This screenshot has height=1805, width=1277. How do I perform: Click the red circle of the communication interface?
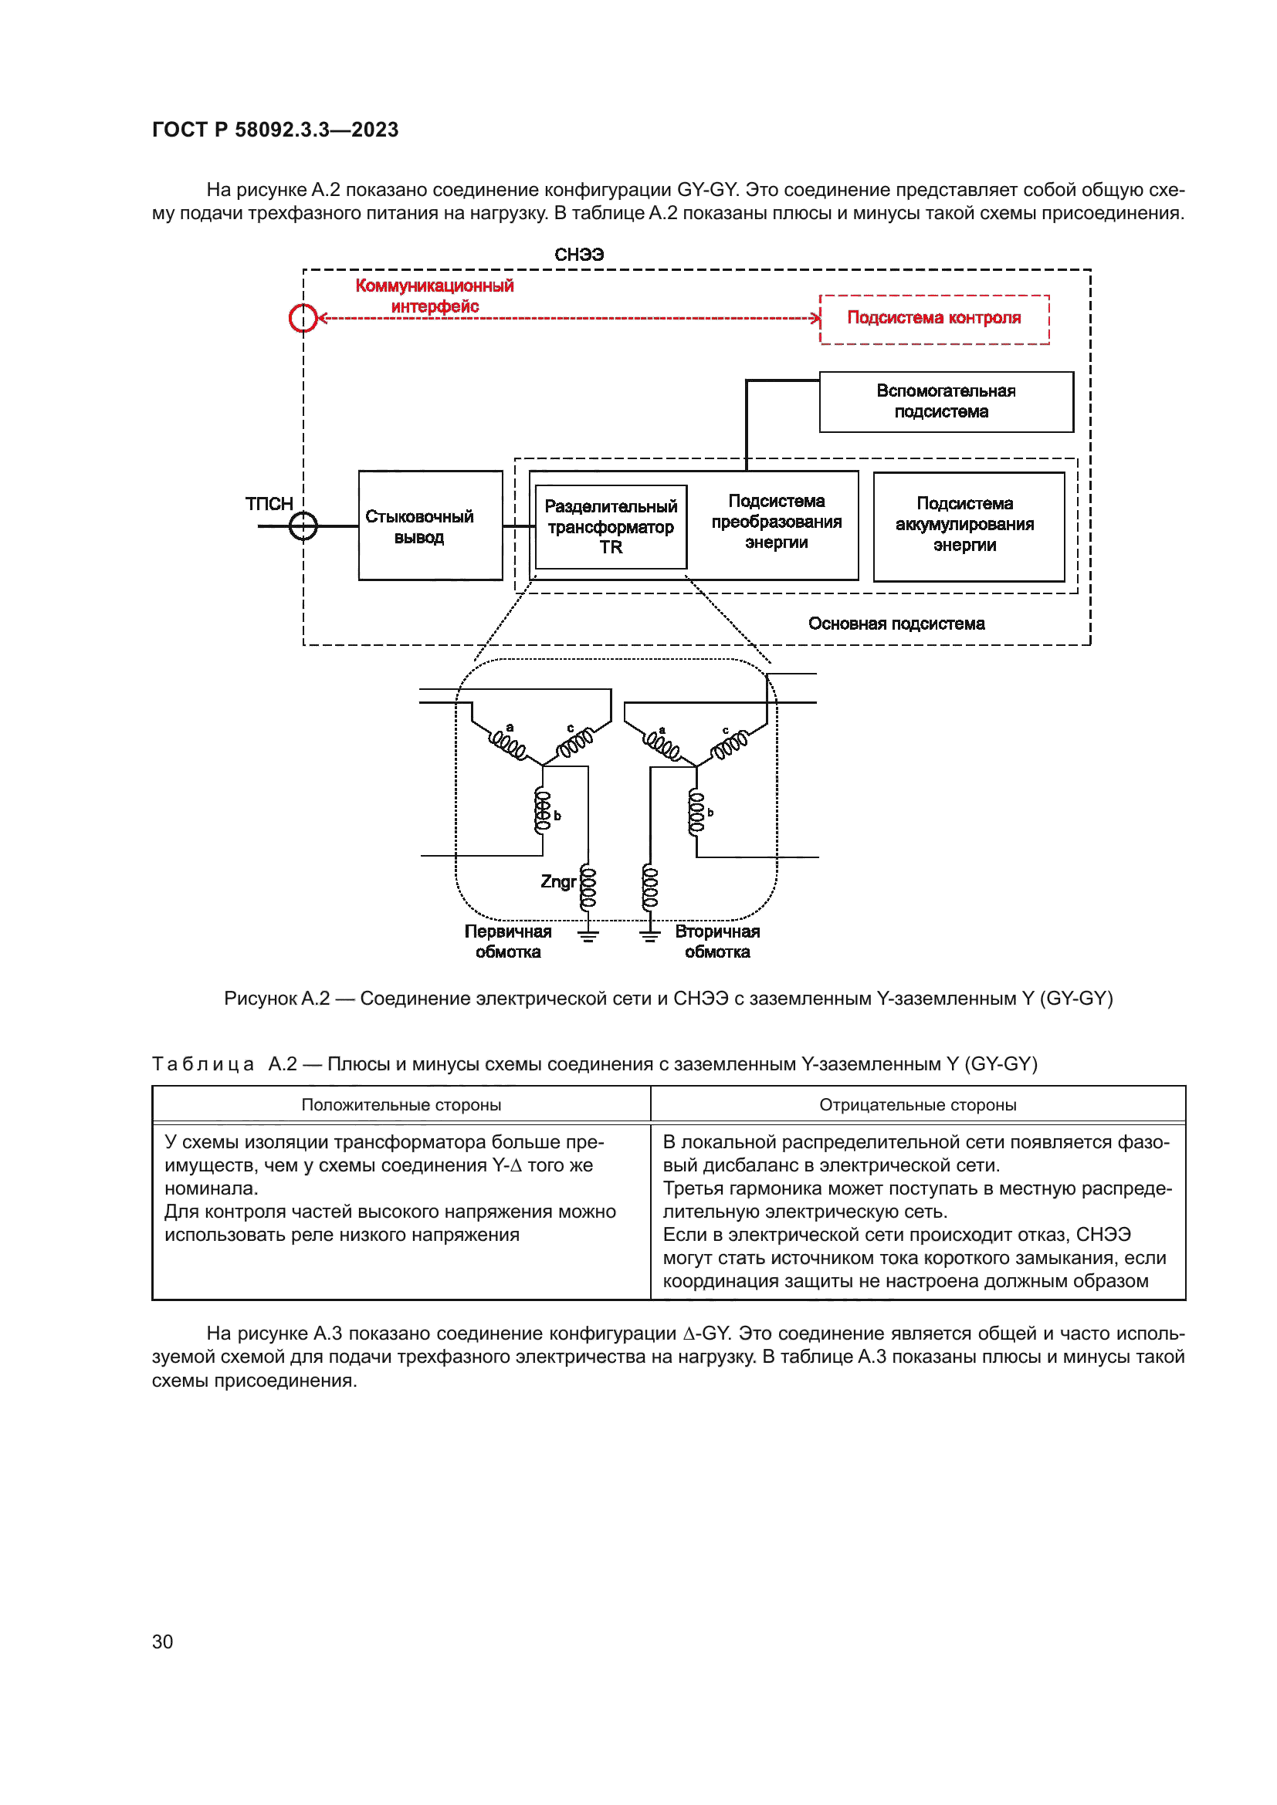coord(303,319)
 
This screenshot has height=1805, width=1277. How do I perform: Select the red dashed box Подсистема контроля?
coord(933,319)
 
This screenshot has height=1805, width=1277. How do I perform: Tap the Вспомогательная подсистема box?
coord(946,402)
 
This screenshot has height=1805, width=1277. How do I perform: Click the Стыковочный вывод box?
coord(429,526)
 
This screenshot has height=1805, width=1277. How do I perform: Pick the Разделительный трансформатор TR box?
coord(610,527)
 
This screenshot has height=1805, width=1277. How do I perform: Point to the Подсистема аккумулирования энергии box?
coord(968,526)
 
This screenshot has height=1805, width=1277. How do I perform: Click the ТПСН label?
coord(269,504)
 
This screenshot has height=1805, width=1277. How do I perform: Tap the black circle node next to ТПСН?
coord(303,526)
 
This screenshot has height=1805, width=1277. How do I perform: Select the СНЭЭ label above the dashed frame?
coord(579,255)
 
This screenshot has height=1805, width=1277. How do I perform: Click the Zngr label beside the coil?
coord(557,881)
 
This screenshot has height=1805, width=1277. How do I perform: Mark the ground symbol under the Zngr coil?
coord(588,935)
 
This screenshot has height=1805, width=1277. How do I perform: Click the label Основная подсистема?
coord(896,624)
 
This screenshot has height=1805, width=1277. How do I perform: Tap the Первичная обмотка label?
coord(508,941)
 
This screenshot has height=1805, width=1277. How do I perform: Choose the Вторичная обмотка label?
coord(717,941)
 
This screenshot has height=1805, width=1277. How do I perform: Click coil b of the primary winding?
coord(543,811)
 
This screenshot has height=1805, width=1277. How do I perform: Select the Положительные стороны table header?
coord(401,1104)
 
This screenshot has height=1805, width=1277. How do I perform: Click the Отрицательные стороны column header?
coord(917,1104)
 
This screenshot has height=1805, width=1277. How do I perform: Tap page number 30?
coord(163,1641)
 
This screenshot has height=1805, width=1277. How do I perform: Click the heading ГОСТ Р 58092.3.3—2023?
coord(275,130)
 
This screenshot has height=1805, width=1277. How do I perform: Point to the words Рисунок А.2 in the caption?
coord(277,999)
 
